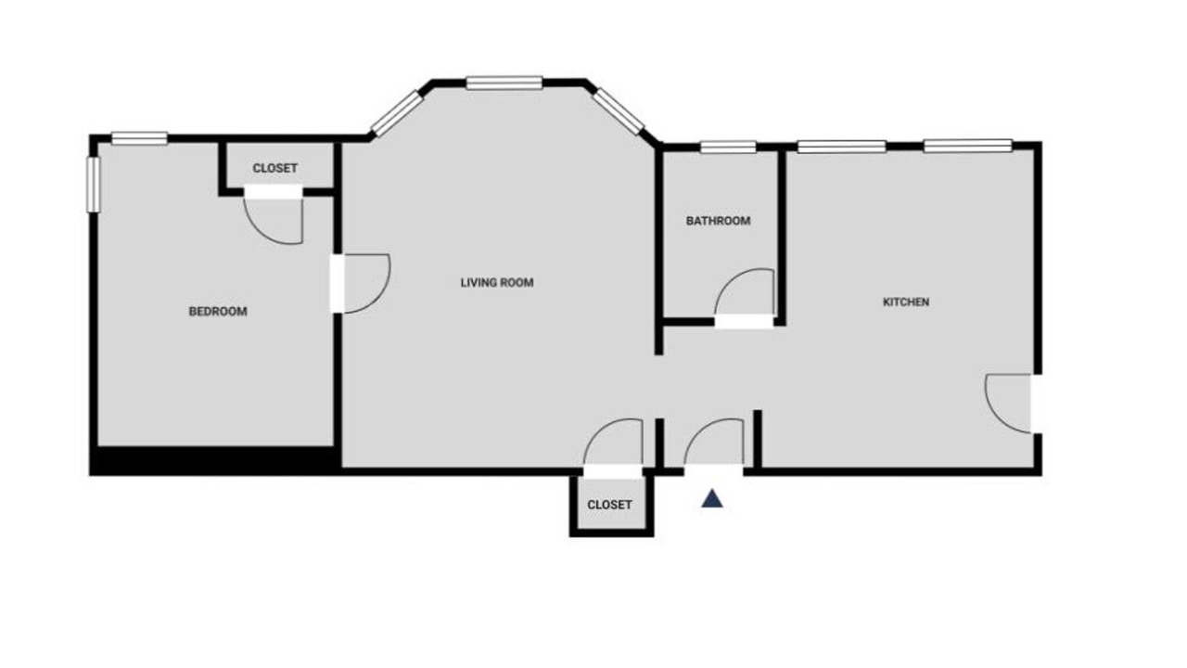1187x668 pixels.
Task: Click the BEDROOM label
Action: (x=218, y=311)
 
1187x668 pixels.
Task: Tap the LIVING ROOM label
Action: (x=497, y=283)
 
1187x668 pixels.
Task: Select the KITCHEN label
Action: (x=906, y=302)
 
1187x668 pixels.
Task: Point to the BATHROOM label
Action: (x=718, y=221)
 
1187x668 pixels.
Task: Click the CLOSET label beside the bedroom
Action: (x=275, y=168)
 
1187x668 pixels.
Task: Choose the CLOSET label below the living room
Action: (x=609, y=505)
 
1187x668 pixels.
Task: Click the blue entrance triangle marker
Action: (x=711, y=499)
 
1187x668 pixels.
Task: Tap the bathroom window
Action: (x=728, y=147)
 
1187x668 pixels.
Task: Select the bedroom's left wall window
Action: (x=94, y=185)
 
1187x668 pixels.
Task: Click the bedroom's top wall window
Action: (x=139, y=138)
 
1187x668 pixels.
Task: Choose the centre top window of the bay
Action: (x=504, y=83)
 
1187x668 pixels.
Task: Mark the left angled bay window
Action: (x=397, y=113)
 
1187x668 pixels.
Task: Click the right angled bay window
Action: (x=619, y=111)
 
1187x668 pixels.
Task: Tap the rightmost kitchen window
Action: (x=968, y=146)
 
